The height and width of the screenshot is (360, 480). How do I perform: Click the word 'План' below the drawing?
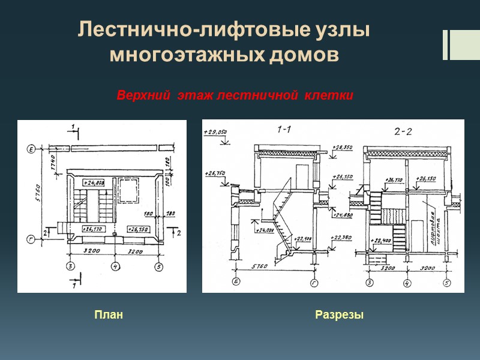(109, 315)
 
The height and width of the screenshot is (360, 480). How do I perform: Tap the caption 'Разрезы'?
(339, 315)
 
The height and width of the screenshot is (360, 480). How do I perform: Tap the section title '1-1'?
(284, 129)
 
